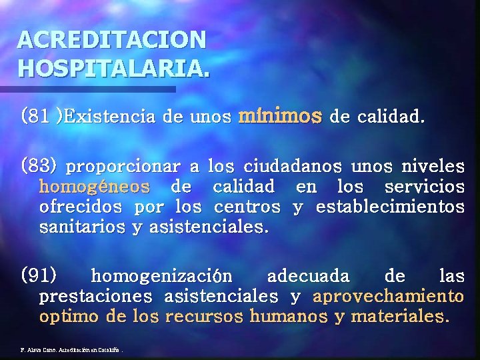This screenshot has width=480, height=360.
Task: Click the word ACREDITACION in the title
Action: tap(112, 40)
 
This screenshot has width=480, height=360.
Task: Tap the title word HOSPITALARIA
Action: tap(113, 67)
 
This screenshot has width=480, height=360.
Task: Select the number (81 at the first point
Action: tap(35, 117)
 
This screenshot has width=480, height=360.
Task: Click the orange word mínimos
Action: tap(280, 117)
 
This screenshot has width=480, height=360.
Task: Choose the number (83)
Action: tap(40, 163)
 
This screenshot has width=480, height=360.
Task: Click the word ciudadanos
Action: tap(293, 164)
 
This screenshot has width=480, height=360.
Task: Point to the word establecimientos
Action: tap(390, 207)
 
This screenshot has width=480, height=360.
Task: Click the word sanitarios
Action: tap(82, 227)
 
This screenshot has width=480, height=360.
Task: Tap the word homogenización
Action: tap(161, 275)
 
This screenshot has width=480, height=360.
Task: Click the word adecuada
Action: tap(307, 275)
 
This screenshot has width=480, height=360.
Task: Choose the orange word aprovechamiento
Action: tap(388, 295)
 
